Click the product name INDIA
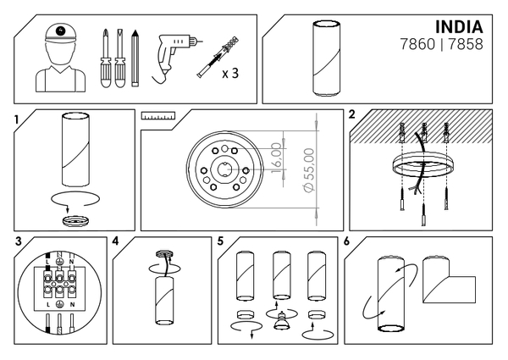click(459, 27)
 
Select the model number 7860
click(417, 44)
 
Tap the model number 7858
click(466, 44)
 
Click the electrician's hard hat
click(61, 34)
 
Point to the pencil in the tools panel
click(135, 58)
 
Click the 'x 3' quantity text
click(230, 74)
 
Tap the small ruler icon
click(158, 116)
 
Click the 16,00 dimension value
click(276, 158)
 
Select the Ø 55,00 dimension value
click(310, 169)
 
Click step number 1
click(17, 120)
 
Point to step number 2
click(352, 114)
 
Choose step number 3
click(19, 241)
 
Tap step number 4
click(116, 241)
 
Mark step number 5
click(221, 241)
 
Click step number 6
click(346, 241)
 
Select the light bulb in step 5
click(281, 321)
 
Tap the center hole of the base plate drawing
click(224, 169)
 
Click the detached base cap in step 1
click(75, 221)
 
